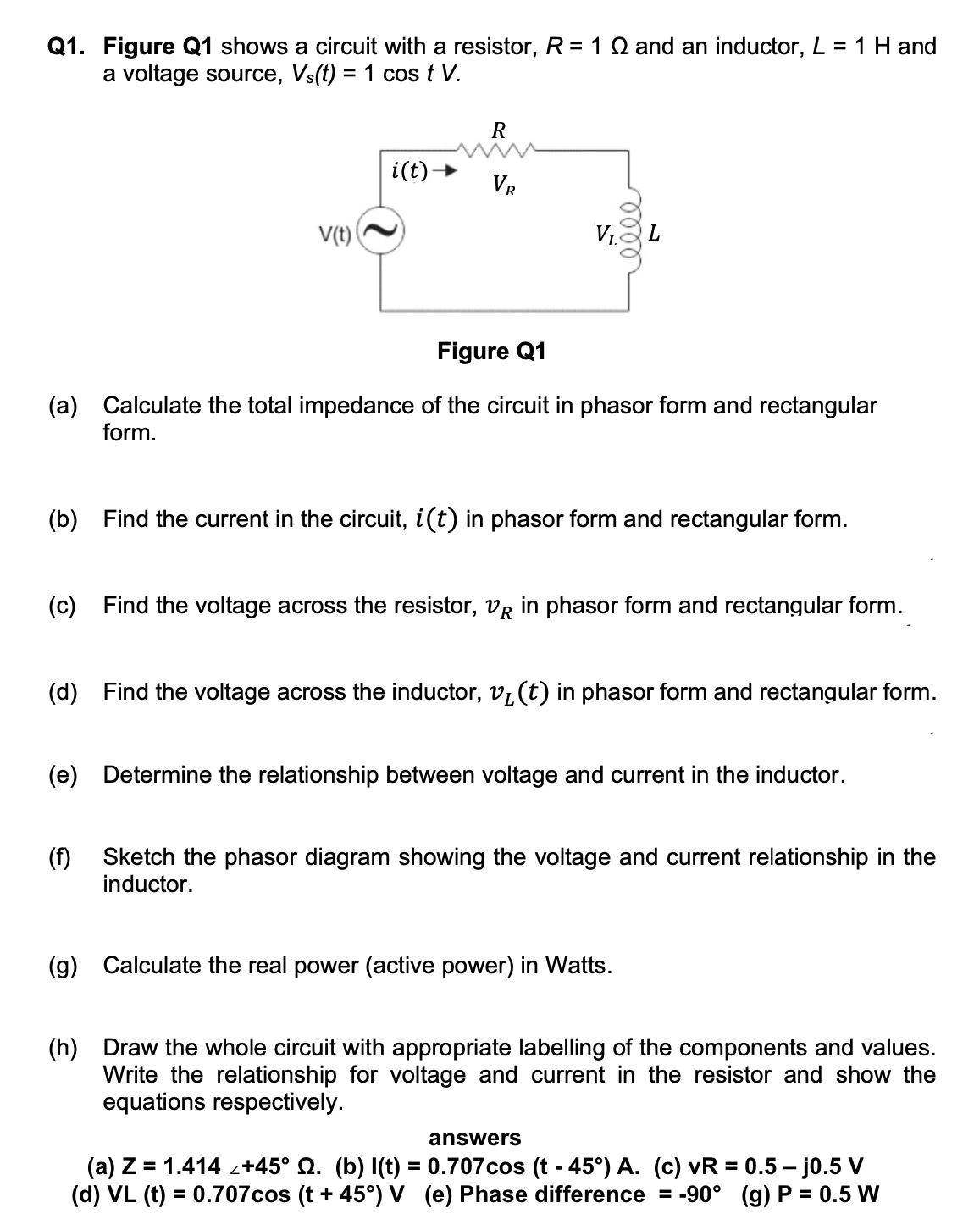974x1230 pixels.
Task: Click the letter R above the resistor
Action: click(x=499, y=130)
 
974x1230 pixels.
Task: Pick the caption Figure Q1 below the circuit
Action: click(x=491, y=351)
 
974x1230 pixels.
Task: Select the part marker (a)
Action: click(x=62, y=406)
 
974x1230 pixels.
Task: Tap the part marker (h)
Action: click(x=62, y=1048)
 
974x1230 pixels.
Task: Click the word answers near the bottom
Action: click(x=475, y=1138)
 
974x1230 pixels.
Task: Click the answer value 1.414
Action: click(x=192, y=1166)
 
